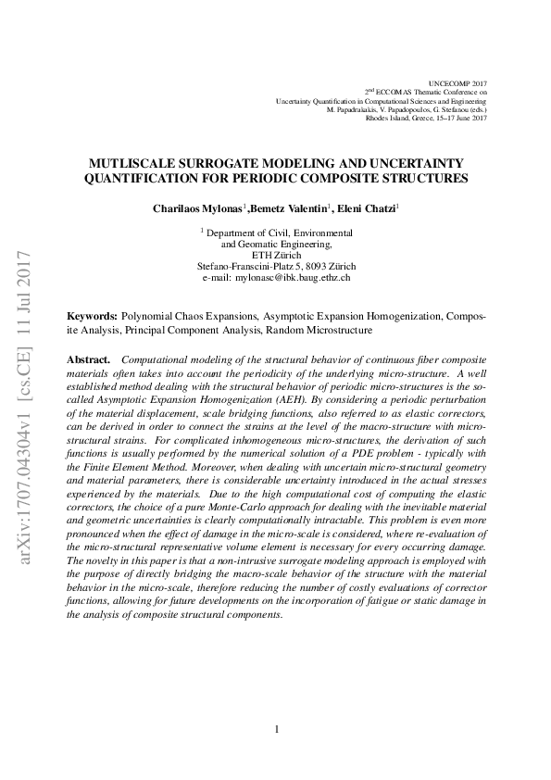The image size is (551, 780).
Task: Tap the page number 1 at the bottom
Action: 277,729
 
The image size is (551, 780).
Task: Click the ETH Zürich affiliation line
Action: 276,255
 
